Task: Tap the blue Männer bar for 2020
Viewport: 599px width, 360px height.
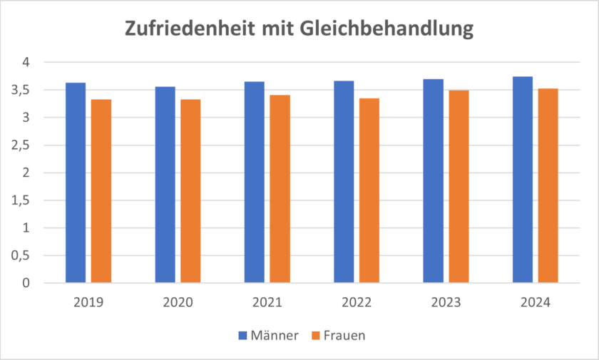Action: [165, 185]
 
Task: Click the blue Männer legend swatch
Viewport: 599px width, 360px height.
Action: [242, 335]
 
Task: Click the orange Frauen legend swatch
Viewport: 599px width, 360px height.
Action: [314, 335]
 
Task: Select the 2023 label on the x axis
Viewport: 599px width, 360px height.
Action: [446, 302]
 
